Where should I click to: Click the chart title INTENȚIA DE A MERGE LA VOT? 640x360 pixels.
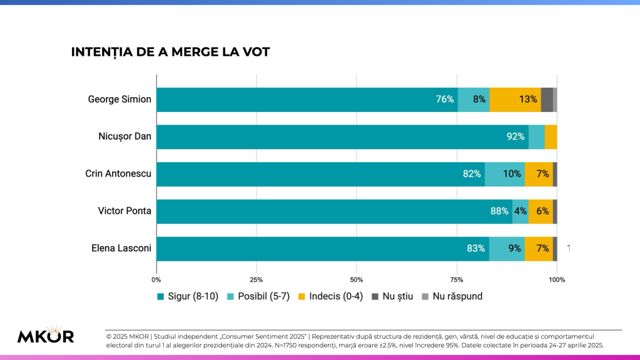click(x=170, y=52)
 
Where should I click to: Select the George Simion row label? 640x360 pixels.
click(x=119, y=100)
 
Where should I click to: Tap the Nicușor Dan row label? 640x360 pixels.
click(x=125, y=136)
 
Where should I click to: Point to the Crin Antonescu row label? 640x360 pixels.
click(x=118, y=174)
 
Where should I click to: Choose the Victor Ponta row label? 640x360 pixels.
click(x=124, y=211)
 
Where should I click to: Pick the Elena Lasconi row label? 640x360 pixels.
click(x=121, y=249)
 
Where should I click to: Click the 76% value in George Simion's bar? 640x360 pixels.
click(x=445, y=100)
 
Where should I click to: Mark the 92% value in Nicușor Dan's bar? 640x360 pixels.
click(x=516, y=136)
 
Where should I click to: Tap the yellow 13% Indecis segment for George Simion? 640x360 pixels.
click(x=516, y=100)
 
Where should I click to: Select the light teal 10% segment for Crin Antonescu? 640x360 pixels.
click(x=505, y=174)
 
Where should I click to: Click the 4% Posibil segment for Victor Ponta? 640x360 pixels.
click(x=521, y=211)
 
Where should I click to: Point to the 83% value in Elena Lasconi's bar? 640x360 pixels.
click(x=477, y=249)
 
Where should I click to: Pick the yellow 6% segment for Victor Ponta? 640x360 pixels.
click(x=541, y=211)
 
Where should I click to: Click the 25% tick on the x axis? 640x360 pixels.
click(x=257, y=280)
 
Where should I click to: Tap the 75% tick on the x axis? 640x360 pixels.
click(x=457, y=280)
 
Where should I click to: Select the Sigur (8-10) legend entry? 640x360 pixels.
click(x=187, y=296)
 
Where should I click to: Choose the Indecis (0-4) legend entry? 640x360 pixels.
click(x=331, y=296)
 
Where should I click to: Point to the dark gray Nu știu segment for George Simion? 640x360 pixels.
click(x=547, y=100)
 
